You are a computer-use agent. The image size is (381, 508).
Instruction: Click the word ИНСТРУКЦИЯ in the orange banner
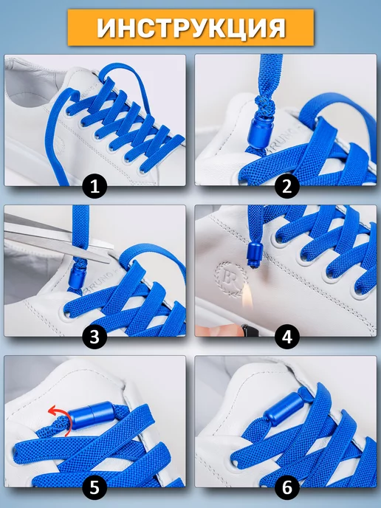(x=191, y=27)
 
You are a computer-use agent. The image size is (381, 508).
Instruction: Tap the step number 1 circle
(x=95, y=186)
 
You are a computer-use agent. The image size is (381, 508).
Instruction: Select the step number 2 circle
(x=287, y=186)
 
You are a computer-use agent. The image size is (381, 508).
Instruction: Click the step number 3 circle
(x=95, y=337)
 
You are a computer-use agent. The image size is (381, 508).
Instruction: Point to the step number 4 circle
(x=287, y=337)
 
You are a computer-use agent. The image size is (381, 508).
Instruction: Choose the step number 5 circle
(x=95, y=487)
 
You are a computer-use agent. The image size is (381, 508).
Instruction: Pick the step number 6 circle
(x=287, y=487)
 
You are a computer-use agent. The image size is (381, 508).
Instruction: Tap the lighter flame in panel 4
(x=248, y=300)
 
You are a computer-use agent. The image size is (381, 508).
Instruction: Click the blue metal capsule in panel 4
(x=253, y=254)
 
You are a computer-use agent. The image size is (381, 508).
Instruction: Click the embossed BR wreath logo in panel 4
(x=230, y=278)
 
